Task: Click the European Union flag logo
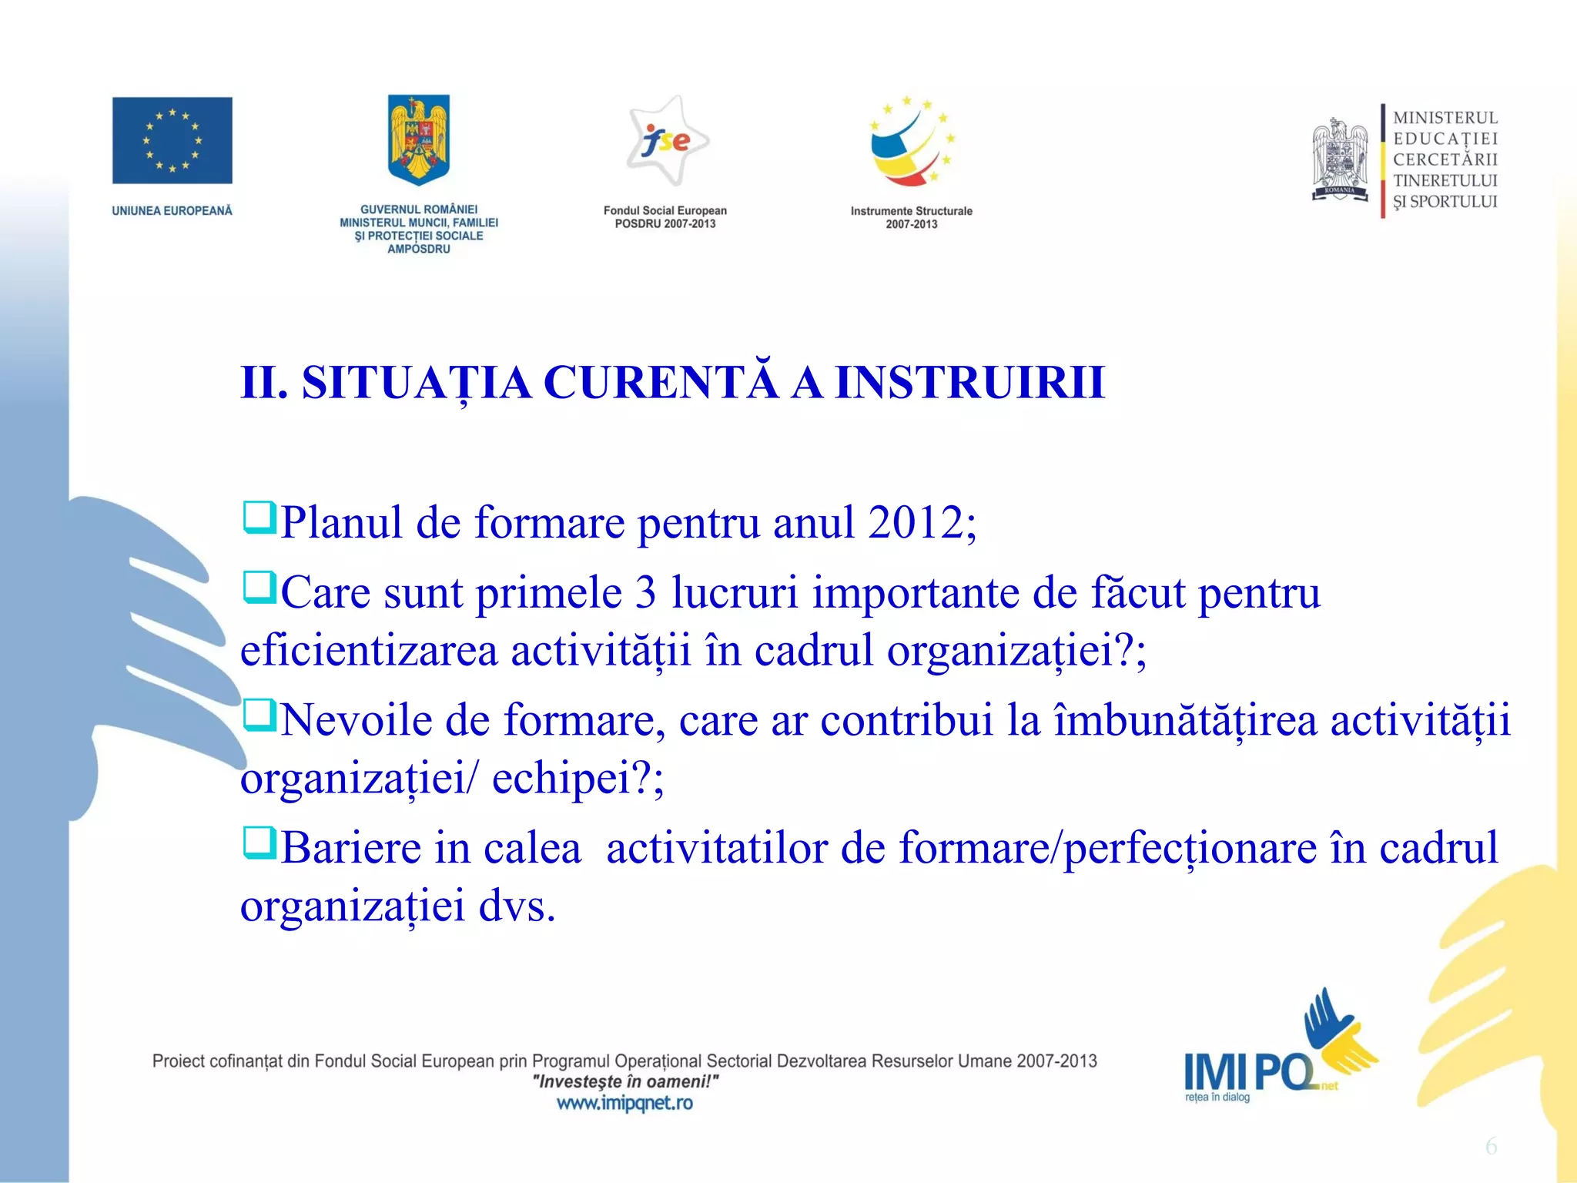[172, 140]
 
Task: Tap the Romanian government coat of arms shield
[418, 139]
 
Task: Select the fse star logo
[666, 141]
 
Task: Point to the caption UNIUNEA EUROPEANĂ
[172, 210]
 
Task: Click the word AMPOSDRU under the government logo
[418, 249]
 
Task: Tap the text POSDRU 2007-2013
[665, 224]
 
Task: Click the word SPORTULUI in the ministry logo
[1453, 202]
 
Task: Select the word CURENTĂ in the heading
[661, 382]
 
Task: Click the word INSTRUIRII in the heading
[970, 382]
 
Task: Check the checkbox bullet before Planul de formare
[259, 518]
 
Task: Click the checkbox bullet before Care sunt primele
[259, 588]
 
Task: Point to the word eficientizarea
[369, 650]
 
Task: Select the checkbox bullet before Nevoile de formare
[259, 715]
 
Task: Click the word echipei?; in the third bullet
[578, 778]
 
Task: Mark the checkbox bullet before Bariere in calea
[259, 843]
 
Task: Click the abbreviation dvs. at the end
[517, 906]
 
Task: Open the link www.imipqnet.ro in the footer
[624, 1103]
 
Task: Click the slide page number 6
[1491, 1147]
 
